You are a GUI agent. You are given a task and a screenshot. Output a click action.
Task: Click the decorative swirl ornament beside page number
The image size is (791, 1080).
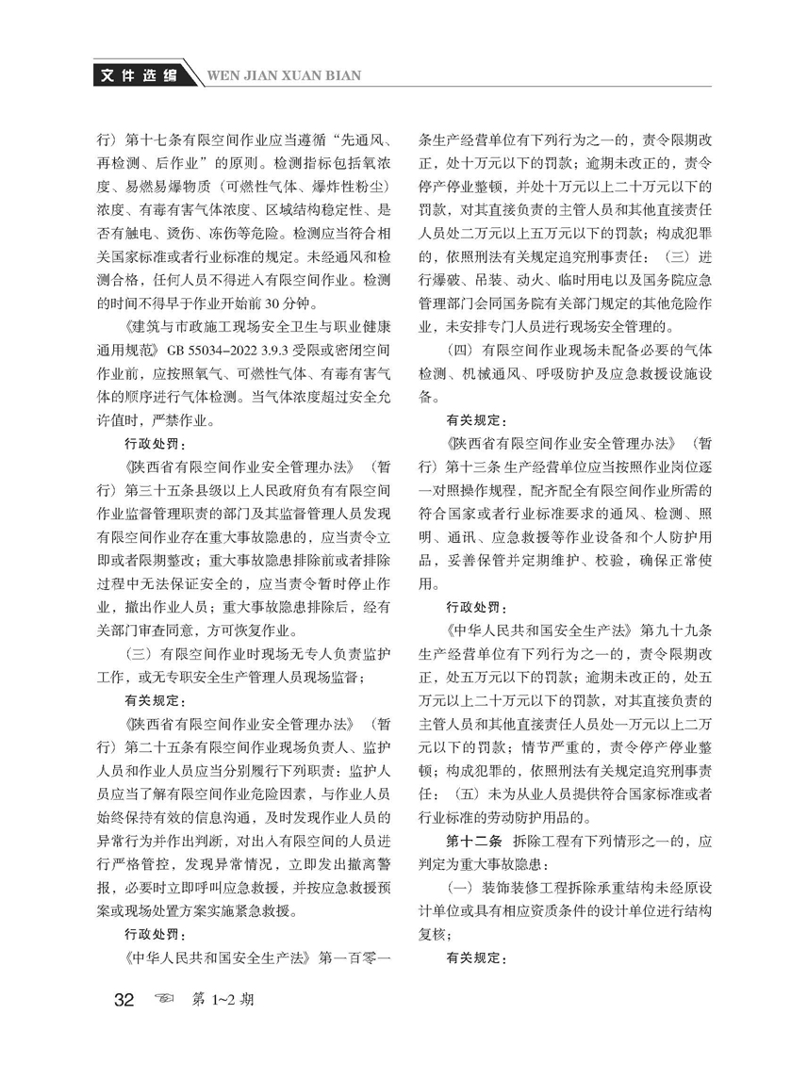167,1001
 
